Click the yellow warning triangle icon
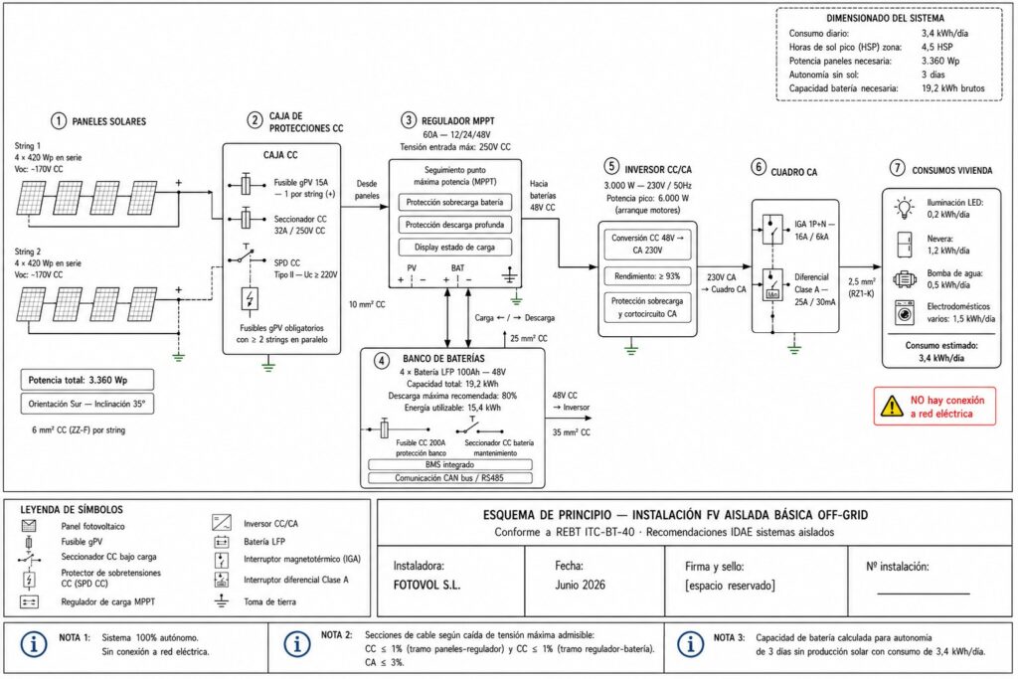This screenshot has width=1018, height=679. pyautogui.click(x=892, y=407)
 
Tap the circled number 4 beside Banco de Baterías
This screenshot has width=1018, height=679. pyautogui.click(x=382, y=360)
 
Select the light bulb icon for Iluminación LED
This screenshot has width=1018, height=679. pyautogui.click(x=904, y=209)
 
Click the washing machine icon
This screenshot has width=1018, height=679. pyautogui.click(x=904, y=313)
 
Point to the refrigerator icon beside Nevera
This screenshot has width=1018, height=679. pyautogui.click(x=904, y=245)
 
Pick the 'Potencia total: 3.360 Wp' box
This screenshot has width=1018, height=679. pyautogui.click(x=87, y=380)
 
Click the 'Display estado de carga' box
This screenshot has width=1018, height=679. pyautogui.click(x=454, y=248)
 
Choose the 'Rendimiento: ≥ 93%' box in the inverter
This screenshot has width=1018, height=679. pyautogui.click(x=647, y=276)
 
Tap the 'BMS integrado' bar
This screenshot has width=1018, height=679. pyautogui.click(x=450, y=465)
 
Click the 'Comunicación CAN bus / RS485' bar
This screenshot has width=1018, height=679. pyautogui.click(x=450, y=478)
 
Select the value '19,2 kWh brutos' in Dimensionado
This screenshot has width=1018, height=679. pyautogui.click(x=952, y=88)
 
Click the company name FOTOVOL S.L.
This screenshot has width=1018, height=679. pyautogui.click(x=426, y=585)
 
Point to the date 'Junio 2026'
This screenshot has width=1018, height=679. pyautogui.click(x=580, y=585)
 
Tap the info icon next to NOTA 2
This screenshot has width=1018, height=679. pyautogui.click(x=296, y=644)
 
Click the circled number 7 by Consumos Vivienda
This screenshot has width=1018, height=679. pyautogui.click(x=897, y=168)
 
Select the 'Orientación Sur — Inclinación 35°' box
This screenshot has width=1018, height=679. pyautogui.click(x=87, y=404)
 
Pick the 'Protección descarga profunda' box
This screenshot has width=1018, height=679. pyautogui.click(x=454, y=225)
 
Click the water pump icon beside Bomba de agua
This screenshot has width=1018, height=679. pyautogui.click(x=904, y=279)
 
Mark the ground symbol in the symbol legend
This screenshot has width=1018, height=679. pyautogui.click(x=222, y=600)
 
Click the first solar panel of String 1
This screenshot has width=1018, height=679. pyautogui.click(x=31, y=198)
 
